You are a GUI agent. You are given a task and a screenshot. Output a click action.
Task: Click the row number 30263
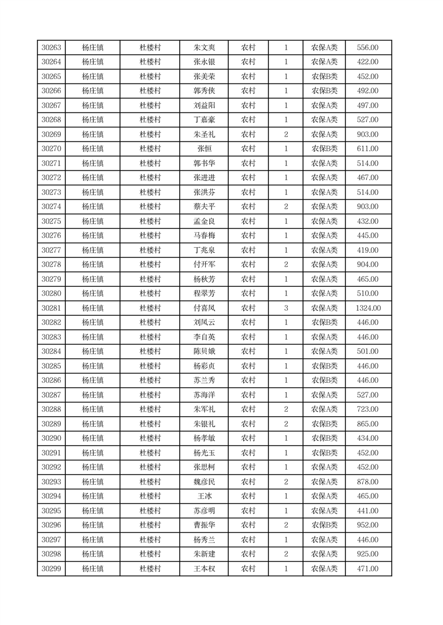point(51,48)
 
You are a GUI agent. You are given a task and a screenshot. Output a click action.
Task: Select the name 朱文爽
point(204,48)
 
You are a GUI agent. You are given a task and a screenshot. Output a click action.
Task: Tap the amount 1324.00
point(368,308)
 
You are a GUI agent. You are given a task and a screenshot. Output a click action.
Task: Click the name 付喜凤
point(204,308)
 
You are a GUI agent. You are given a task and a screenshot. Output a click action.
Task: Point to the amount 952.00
point(368,525)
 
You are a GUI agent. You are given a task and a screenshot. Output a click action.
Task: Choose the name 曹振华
point(204,525)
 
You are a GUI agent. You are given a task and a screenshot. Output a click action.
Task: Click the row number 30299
point(51,569)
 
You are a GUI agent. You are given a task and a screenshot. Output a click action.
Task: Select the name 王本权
point(204,569)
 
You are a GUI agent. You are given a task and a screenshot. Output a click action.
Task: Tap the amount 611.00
point(368,149)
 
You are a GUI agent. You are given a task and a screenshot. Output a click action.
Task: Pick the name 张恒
point(204,149)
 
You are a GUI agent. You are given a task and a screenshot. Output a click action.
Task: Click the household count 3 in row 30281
point(286,308)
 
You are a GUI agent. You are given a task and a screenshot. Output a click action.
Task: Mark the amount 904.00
point(368,265)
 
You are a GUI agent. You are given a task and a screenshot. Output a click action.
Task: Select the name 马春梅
point(204,236)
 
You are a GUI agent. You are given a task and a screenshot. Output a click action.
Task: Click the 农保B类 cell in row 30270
point(324,149)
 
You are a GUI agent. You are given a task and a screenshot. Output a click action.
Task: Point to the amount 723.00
point(368,409)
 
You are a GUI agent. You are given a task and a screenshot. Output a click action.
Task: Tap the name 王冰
point(204,496)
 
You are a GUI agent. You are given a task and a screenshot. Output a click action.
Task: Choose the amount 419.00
point(368,250)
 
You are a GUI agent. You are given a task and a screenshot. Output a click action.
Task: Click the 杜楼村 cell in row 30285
point(150,366)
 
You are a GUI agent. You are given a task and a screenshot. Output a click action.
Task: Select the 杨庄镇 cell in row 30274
point(93,207)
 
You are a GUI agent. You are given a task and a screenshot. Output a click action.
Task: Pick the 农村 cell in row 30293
point(248,482)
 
